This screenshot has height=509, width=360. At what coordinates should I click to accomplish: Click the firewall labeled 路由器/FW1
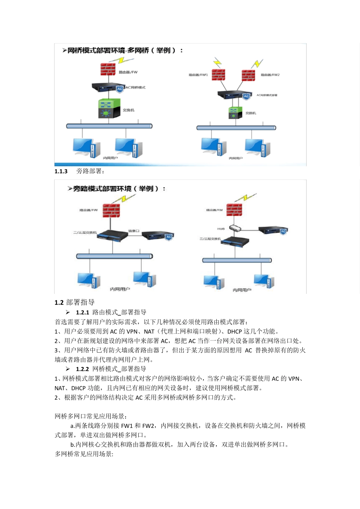218,75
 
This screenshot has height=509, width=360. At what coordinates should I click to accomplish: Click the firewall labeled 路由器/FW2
248,75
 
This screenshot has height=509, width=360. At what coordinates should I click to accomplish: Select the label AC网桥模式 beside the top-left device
135,87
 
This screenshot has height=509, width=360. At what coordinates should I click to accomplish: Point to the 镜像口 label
134,231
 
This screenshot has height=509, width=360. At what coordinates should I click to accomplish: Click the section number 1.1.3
61,171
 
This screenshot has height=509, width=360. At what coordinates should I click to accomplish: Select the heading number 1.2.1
82,312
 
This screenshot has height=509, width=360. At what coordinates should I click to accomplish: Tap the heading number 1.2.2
82,369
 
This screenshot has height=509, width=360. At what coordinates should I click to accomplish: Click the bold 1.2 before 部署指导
59,303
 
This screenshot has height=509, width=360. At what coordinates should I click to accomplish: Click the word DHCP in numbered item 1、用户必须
235,331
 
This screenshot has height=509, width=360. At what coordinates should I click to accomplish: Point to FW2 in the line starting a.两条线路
148,426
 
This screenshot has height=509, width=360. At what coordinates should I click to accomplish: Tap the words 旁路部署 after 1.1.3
90,171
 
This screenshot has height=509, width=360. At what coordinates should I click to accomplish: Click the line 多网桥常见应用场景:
84,454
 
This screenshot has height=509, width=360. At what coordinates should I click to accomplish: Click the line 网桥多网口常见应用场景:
91,416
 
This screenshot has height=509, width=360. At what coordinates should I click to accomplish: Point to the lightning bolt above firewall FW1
217,62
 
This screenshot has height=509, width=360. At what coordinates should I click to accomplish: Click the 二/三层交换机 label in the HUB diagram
210,239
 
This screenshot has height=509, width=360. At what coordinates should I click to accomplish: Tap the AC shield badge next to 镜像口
169,237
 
